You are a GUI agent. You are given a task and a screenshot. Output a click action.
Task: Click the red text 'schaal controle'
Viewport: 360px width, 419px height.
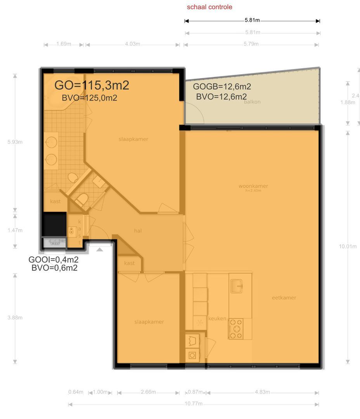click(x=209, y=7)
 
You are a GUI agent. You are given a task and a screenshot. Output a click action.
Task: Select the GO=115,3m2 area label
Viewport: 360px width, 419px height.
click(x=92, y=85)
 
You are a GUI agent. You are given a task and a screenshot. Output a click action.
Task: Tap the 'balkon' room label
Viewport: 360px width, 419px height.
click(x=252, y=102)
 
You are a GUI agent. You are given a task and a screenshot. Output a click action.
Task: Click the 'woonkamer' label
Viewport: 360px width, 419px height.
click(x=253, y=186)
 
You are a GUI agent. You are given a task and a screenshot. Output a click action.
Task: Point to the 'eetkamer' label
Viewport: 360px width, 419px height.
click(x=284, y=298)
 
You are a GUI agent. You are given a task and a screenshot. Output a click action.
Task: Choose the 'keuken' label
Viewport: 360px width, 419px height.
click(x=217, y=319)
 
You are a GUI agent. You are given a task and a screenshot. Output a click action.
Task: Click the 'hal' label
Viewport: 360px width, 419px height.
click(x=138, y=231)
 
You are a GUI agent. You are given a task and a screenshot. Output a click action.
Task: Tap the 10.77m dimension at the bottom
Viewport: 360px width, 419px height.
click(x=194, y=403)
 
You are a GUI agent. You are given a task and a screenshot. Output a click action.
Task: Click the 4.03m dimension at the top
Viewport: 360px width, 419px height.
click(x=132, y=44)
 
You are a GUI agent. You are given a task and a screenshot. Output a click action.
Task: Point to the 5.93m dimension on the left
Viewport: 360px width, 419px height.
click(x=15, y=142)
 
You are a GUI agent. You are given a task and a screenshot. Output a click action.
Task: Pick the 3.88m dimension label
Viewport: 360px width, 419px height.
click(x=15, y=318)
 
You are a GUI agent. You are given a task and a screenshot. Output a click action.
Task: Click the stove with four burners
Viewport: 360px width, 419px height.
click(x=236, y=329)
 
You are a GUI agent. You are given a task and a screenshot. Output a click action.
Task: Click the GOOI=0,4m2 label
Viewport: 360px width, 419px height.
click(x=54, y=260)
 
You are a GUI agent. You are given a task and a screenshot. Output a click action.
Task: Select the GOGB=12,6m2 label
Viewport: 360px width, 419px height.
click(x=222, y=87)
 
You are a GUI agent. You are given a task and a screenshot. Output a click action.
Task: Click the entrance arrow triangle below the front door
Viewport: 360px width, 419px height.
click(x=100, y=249)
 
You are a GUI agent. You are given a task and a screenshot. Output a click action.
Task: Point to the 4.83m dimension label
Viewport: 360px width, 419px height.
click(x=262, y=392)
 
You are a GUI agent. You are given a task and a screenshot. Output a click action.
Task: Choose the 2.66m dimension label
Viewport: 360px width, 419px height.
click(x=148, y=392)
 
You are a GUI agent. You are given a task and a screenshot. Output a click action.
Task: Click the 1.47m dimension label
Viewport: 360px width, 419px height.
click(x=15, y=230)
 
